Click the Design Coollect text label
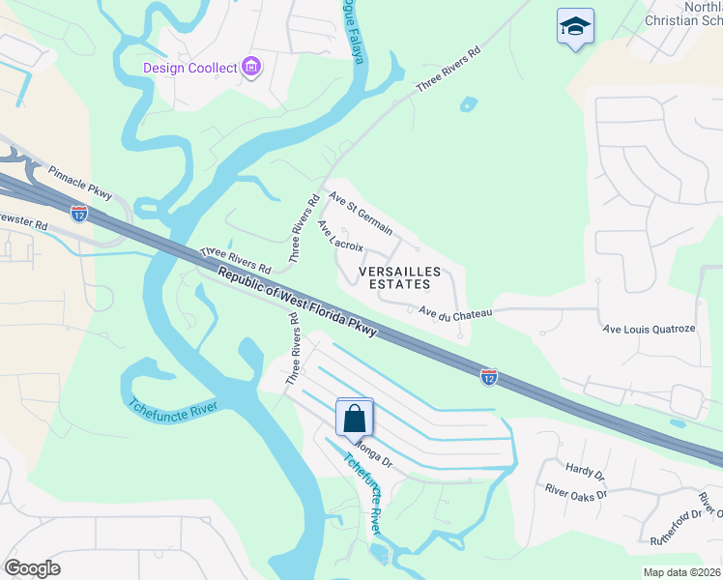coord(189,68)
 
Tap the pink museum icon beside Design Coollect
coord(251,67)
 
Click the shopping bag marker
coord(355,419)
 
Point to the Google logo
coord(32,568)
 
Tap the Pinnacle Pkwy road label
coord(80,182)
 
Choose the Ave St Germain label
coord(361,213)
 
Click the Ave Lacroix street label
coord(340,235)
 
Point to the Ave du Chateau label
coord(455,312)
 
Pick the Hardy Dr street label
coord(585,473)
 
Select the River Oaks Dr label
coord(575,494)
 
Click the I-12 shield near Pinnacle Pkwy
coord(79,213)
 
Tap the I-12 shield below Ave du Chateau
coord(489,376)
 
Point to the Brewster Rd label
coord(21,222)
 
